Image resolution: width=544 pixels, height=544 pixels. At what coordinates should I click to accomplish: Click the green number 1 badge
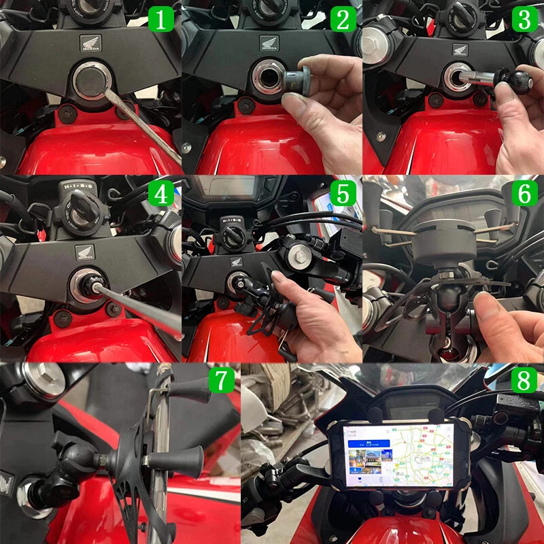[161, 19]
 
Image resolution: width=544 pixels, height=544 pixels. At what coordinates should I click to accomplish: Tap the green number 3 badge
[524, 19]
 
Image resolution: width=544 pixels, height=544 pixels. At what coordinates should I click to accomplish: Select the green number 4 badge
[161, 194]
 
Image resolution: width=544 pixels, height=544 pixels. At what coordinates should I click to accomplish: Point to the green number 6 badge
[524, 194]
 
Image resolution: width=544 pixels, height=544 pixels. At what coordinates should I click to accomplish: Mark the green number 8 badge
[524, 380]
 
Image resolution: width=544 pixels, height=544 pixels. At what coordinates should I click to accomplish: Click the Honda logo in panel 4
[85, 254]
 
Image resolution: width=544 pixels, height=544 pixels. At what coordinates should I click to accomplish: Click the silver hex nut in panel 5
[299, 256]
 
